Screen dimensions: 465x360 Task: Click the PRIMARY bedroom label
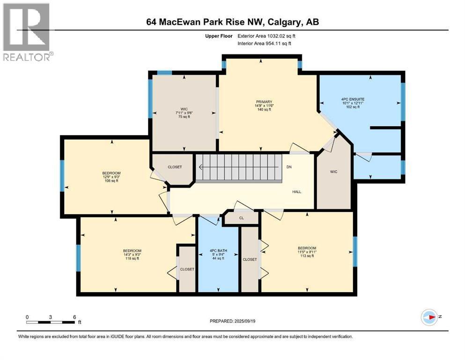tap(264, 102)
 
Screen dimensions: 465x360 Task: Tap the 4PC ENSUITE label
tap(353, 99)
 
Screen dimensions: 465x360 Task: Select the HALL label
tap(296, 192)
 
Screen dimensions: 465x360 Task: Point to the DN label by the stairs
tap(289, 167)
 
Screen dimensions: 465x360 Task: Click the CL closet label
tap(241, 218)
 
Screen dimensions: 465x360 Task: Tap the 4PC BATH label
tap(218, 250)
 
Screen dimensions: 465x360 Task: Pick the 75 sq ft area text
tap(184, 117)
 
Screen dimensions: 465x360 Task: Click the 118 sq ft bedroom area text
tap(132, 258)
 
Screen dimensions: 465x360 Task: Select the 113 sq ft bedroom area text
tap(307, 255)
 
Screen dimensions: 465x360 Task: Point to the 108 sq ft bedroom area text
tap(111, 180)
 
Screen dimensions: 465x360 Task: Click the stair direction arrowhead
tap(201, 167)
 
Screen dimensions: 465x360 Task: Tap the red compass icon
tap(429, 317)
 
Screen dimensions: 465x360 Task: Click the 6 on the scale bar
tap(74, 317)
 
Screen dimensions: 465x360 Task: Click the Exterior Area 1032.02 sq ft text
tap(266, 36)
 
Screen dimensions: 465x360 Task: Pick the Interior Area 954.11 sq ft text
tap(264, 43)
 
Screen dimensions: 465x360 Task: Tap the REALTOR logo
tap(27, 32)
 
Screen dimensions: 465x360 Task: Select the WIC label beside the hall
tap(333, 172)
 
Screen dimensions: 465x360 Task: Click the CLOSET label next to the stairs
tap(175, 167)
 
